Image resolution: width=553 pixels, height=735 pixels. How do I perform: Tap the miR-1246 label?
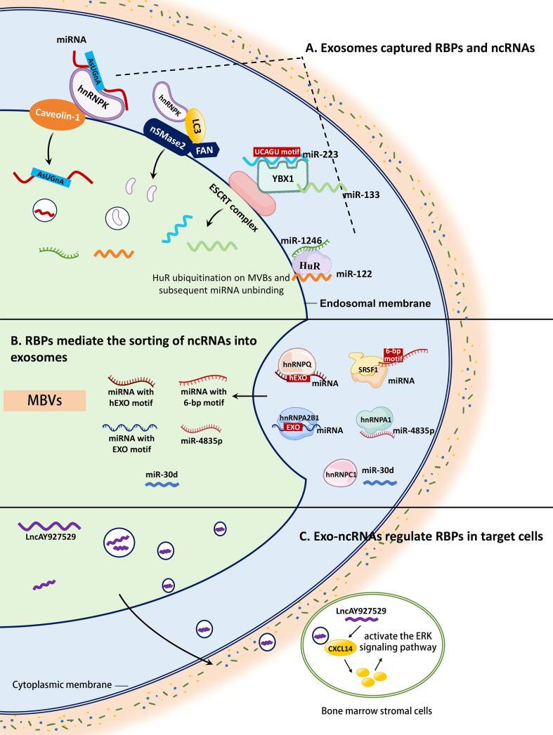(x=302, y=240)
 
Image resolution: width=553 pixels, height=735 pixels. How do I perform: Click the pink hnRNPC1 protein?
(x=341, y=473)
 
